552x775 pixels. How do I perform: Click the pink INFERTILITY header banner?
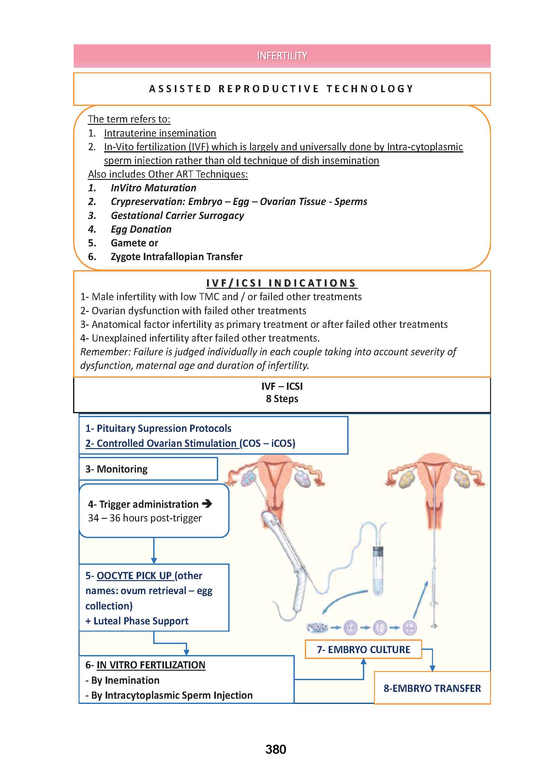(282, 56)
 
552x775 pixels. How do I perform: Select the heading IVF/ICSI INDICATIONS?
(281, 283)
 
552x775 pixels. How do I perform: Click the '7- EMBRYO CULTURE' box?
(363, 649)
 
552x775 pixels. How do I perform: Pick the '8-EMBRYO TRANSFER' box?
(432, 688)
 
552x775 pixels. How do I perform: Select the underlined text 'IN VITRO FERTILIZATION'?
(151, 665)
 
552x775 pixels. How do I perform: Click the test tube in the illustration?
(378, 572)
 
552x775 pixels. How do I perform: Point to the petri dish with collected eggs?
(317, 627)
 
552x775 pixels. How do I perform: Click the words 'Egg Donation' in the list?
(141, 229)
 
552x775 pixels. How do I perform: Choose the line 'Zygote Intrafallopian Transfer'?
(176, 256)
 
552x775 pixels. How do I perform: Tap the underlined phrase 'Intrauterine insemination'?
(160, 133)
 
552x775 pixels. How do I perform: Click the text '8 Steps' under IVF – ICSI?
(282, 399)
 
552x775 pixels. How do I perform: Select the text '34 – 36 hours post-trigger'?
(145, 518)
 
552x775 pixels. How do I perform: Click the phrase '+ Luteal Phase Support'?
(137, 621)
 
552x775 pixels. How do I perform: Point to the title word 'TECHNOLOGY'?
(370, 89)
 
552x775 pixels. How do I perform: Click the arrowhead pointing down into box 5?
(154, 560)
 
